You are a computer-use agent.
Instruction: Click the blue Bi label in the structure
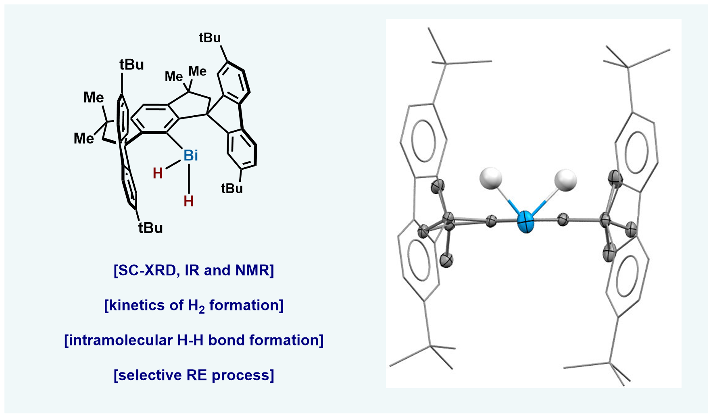point(191,155)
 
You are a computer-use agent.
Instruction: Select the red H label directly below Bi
point(188,201)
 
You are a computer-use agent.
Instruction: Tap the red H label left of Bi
point(158,173)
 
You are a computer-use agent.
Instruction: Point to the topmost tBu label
point(210,38)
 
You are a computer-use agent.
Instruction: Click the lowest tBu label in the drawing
point(150,228)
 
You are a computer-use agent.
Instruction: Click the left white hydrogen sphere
point(491,178)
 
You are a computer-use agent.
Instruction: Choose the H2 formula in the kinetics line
point(196,306)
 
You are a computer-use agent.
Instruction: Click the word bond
point(227,341)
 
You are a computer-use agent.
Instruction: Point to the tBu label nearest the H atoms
point(232,188)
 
